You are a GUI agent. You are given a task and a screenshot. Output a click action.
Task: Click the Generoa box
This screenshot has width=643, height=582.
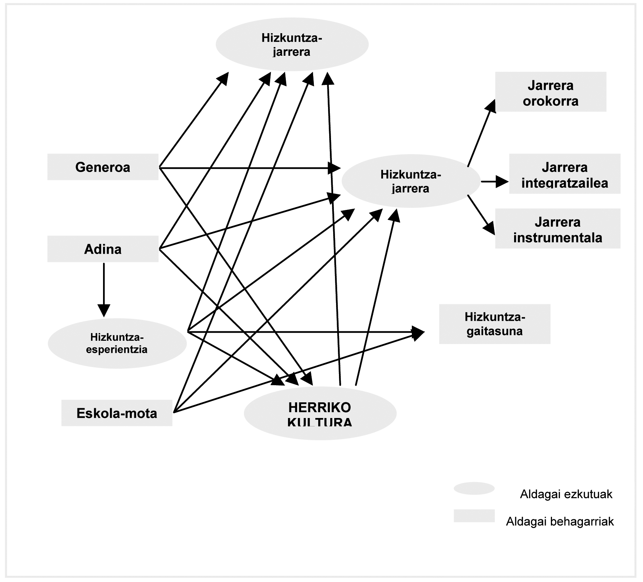point(103,167)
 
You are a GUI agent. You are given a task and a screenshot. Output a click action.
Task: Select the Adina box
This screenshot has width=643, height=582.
point(103,249)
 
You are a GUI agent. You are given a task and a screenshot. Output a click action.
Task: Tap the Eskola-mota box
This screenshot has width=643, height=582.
point(117,413)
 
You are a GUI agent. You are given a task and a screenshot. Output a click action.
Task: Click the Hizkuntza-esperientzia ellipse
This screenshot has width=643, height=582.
point(117,343)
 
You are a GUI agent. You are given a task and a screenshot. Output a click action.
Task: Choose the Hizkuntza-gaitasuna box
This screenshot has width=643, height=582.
point(494,324)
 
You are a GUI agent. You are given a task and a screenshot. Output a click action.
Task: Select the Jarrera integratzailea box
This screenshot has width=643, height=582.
point(564,174)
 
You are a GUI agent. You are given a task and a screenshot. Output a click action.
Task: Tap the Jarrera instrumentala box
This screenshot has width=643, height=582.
point(557,228)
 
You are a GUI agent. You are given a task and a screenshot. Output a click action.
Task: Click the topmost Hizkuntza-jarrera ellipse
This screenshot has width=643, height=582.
point(292,44)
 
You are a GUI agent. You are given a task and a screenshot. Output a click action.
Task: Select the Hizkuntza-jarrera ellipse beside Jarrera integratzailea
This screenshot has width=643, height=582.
point(410,181)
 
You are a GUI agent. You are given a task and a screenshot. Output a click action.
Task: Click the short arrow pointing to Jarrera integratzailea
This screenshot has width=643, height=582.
point(494,181)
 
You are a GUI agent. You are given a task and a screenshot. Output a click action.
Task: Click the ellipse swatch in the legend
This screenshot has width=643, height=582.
point(474,488)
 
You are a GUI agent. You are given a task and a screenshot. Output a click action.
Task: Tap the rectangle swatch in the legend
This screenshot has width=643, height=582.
point(474,516)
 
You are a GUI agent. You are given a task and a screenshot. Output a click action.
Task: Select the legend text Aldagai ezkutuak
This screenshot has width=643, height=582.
point(566,494)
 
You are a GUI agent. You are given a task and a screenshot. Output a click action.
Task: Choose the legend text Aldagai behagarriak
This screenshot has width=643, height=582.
point(560,522)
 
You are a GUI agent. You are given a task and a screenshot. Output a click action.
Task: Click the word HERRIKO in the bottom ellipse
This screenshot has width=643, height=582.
point(320,407)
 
